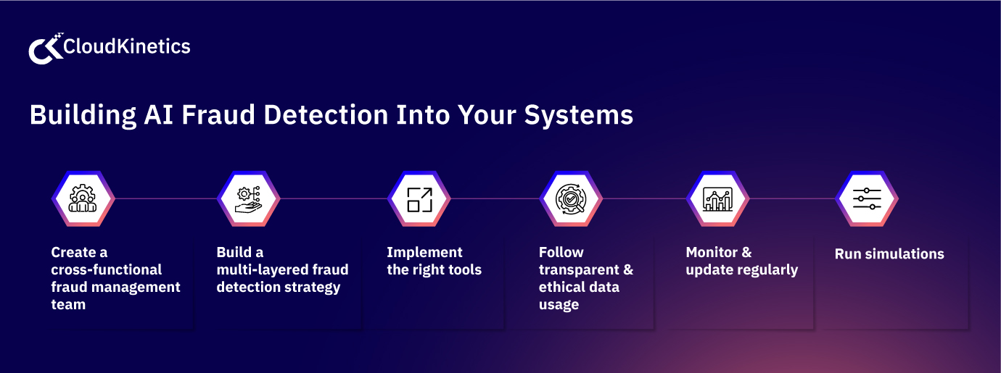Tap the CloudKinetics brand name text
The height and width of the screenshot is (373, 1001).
127,47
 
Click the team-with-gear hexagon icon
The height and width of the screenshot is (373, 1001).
83,198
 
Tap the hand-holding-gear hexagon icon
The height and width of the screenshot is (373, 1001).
249,198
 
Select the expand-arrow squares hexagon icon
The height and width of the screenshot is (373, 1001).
419,198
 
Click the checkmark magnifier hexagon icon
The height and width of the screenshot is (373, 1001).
571,198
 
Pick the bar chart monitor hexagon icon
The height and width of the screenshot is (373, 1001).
717,198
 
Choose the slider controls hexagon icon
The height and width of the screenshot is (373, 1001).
867,198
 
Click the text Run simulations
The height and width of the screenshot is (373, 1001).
889,253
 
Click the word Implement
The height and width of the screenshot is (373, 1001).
424,252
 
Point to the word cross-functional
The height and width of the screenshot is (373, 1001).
107,269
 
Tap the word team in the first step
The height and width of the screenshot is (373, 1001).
68,304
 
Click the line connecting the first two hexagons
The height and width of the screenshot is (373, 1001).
165,198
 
